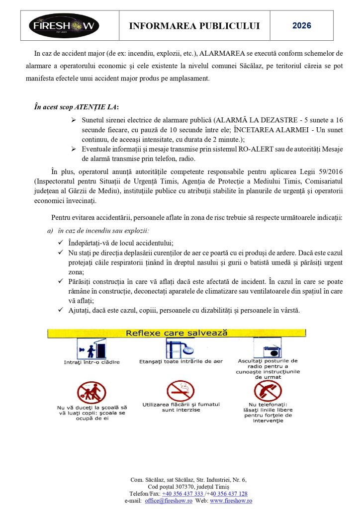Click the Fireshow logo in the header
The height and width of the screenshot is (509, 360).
click(64, 25)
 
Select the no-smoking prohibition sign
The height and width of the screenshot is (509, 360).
click(180, 391)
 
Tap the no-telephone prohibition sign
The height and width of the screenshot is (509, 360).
click(268, 391)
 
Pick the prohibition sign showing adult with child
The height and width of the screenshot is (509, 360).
click(92, 392)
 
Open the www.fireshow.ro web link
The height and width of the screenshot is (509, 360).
click(231, 501)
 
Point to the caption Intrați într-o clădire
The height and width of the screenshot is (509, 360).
click(92, 362)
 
